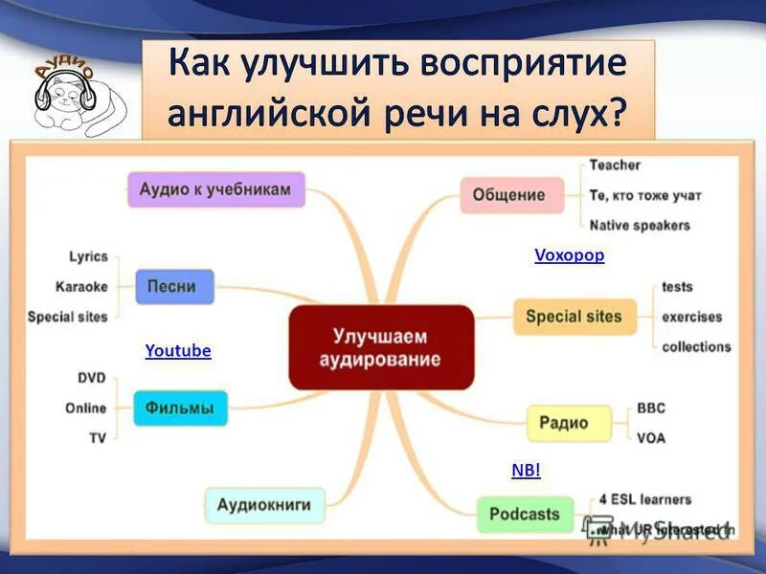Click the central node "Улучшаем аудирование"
[x=381, y=348]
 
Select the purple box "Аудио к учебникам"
[x=215, y=189]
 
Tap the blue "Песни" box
[x=173, y=286]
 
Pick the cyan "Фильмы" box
[x=180, y=408]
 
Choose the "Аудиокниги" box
[x=265, y=504]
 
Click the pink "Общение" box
[x=508, y=195]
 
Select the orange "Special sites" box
[x=574, y=317]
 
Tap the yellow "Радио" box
[x=569, y=423]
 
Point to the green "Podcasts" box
[x=524, y=515]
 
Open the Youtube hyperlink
[x=178, y=351]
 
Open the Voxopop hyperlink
[x=569, y=255]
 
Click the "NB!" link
[x=527, y=470]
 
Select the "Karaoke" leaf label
[x=81, y=286]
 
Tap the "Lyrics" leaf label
[x=88, y=256]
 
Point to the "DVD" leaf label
[x=90, y=378]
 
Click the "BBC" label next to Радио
[x=650, y=408]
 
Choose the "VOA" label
[x=650, y=438]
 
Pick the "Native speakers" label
[x=640, y=226]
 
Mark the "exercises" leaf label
[x=691, y=317]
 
